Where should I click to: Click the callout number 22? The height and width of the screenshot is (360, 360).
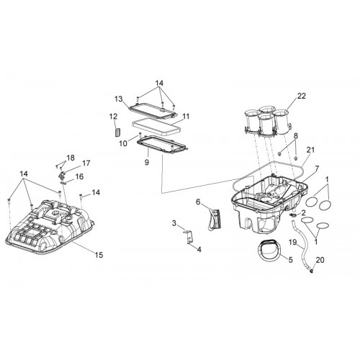click(302, 96)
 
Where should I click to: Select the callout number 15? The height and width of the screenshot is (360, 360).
click(99, 255)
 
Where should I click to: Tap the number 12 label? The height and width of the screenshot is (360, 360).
click(113, 117)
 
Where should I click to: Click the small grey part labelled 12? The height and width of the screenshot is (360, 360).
click(117, 132)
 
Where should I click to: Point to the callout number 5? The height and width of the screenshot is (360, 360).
click(290, 260)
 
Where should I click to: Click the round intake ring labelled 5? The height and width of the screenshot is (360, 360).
click(269, 250)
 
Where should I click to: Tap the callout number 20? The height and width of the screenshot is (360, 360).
click(320, 260)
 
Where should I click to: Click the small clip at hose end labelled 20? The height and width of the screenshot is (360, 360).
click(312, 271)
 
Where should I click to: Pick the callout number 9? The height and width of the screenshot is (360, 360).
click(147, 163)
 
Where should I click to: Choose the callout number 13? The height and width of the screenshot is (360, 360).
click(119, 99)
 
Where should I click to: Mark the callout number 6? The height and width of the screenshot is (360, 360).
click(198, 202)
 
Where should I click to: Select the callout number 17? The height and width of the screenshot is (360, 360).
click(86, 163)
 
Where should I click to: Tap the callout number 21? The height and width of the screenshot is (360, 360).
click(310, 150)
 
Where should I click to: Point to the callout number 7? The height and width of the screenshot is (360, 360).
click(317, 168)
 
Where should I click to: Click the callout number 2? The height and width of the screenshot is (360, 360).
click(303, 212)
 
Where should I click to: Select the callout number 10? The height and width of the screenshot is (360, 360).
click(123, 143)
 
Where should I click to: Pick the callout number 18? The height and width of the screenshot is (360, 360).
click(71, 158)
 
